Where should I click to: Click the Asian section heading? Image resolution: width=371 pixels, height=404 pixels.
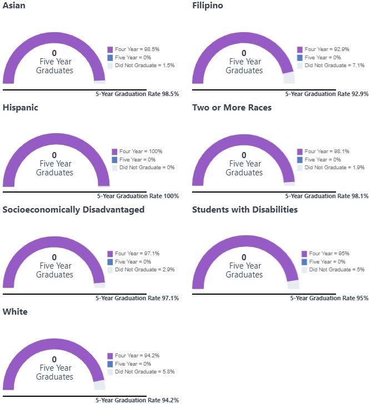(x=14, y=6)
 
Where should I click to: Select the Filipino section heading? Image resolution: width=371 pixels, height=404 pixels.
(x=208, y=6)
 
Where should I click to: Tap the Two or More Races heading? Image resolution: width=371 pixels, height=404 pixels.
(x=232, y=108)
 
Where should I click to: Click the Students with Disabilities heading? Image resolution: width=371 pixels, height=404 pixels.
(x=245, y=209)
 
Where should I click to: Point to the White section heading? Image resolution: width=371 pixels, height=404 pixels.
(x=15, y=312)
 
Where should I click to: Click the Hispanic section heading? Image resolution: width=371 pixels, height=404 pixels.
(x=21, y=108)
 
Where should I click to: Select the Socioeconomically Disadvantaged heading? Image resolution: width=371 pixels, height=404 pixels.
(x=73, y=210)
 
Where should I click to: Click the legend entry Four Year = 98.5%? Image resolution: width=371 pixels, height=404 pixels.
(x=133, y=49)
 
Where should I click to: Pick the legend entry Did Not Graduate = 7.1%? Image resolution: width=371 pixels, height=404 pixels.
(x=331, y=65)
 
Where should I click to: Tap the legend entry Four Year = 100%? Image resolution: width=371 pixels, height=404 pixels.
(x=137, y=151)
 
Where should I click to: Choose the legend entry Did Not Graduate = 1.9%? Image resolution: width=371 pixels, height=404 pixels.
(x=331, y=168)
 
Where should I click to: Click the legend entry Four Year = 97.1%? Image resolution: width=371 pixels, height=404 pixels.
(x=133, y=254)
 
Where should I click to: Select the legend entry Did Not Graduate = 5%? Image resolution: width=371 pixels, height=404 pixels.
(x=333, y=270)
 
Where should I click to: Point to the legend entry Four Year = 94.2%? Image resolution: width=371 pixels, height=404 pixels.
(x=133, y=356)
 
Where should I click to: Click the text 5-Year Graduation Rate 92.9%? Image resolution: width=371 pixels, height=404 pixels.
(x=327, y=94)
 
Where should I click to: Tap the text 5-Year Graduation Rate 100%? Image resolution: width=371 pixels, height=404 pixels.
(x=138, y=196)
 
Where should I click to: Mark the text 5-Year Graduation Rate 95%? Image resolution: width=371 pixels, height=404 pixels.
(x=329, y=298)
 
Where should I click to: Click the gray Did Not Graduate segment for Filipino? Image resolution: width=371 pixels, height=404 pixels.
(x=289, y=78)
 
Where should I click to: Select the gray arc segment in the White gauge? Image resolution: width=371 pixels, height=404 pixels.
(x=99, y=385)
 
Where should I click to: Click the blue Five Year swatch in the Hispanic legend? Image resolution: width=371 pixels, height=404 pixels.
(x=114, y=160)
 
